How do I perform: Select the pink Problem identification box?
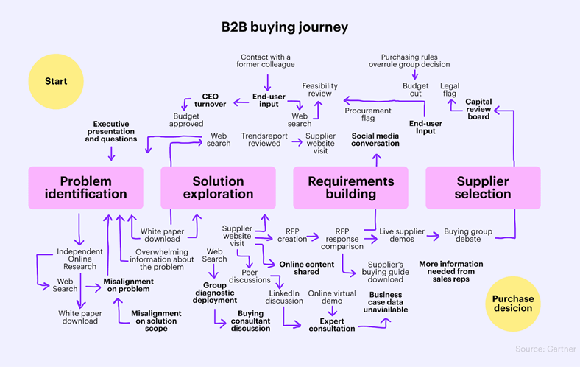85,187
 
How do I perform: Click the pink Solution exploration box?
218,187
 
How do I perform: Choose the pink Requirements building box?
350,187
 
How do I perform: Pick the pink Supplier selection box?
483,187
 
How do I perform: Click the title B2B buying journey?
285,27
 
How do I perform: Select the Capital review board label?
478,109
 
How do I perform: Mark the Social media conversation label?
375,139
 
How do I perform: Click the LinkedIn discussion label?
283,297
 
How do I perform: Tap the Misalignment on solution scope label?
156,321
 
